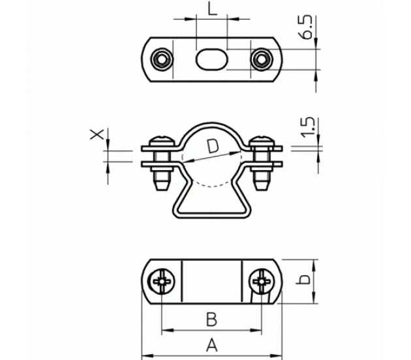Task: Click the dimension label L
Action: pos(212,9)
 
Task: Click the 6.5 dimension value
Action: pos(307,27)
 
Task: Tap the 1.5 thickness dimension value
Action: pos(307,127)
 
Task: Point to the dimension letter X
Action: pos(97,134)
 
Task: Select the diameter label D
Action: pos(213,146)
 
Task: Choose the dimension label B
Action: pos(212,320)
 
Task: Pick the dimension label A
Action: pos(212,345)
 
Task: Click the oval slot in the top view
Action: pos(211,59)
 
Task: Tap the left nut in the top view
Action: pos(162,59)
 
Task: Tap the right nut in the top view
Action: pos(262,59)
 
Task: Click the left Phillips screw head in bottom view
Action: pos(162,282)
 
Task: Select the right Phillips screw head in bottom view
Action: pos(262,282)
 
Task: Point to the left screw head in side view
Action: pos(162,141)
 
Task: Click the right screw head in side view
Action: pos(262,141)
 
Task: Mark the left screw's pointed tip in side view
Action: pos(162,190)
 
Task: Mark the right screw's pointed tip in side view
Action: pos(262,190)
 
